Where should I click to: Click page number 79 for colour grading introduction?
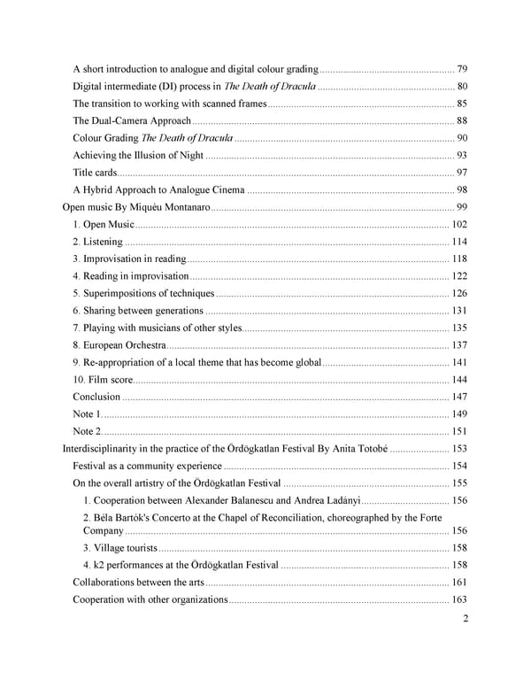(x=463, y=69)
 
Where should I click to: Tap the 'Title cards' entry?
(x=95, y=173)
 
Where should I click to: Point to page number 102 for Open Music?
(x=459, y=224)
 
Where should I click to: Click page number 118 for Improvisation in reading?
(x=459, y=259)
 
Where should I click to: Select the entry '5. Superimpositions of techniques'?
(x=143, y=293)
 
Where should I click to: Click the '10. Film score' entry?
(x=102, y=380)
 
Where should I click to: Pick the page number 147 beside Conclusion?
(x=459, y=397)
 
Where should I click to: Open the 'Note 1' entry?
(x=87, y=414)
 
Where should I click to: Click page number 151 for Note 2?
(x=459, y=431)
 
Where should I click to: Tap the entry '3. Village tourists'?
(x=120, y=548)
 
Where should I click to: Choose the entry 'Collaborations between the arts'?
(x=138, y=583)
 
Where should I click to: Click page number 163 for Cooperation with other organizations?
(x=459, y=600)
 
